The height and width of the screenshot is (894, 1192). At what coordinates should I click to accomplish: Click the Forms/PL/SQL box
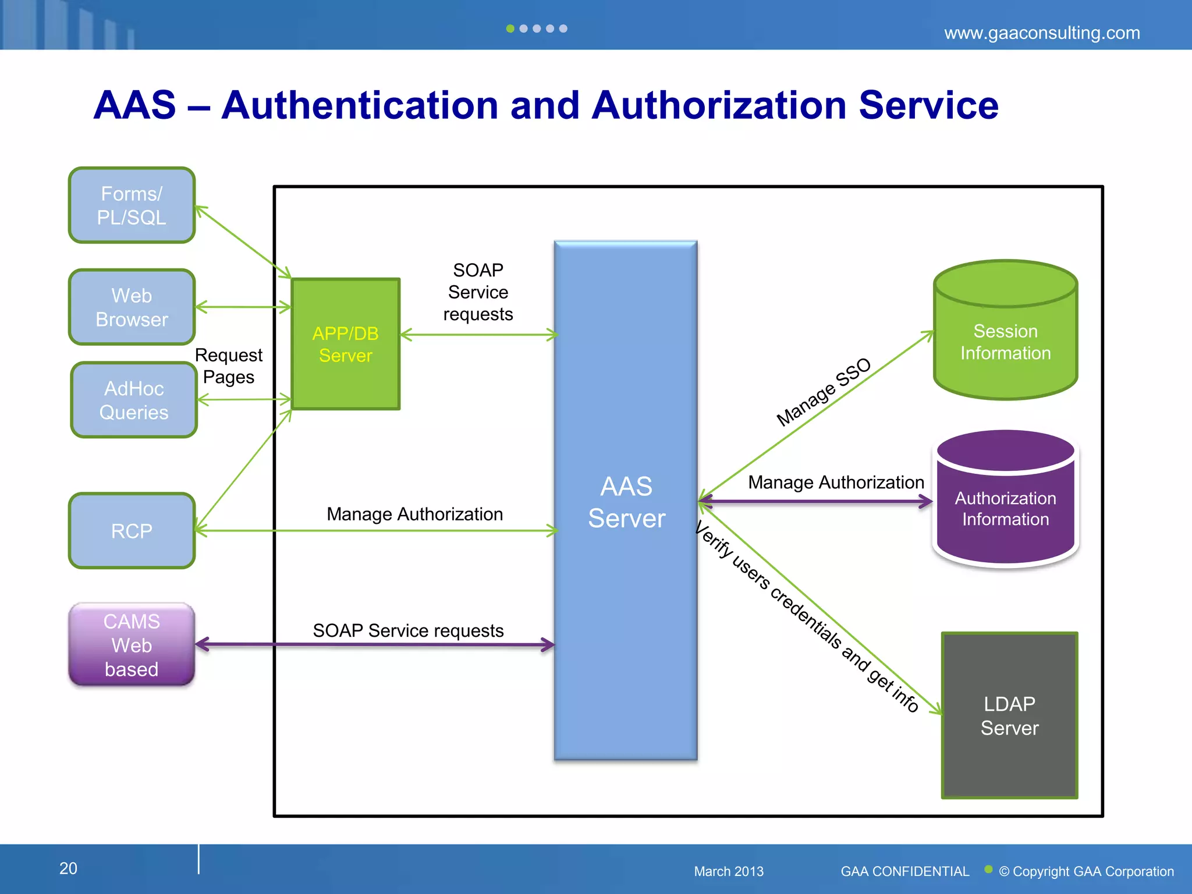132,205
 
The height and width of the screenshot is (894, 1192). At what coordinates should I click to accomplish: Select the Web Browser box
132,307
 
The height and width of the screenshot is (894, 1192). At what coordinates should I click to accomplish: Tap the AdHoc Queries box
134,400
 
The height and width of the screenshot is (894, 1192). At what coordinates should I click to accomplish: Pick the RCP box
132,530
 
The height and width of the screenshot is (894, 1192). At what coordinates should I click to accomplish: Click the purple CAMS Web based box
132,644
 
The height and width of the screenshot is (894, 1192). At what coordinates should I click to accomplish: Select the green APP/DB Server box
345,344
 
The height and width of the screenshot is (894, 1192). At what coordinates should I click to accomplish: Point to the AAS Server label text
626,502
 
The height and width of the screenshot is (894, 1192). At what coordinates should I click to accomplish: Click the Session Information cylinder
1005,342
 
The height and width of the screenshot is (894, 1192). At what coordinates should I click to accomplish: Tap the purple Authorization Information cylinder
1005,508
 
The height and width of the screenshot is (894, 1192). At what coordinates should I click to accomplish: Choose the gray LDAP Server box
1009,715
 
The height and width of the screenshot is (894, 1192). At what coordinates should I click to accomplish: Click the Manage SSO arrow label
823,392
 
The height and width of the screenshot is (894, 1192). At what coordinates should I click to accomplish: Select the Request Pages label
228,366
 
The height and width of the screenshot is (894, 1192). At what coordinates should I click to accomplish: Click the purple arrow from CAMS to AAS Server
372,644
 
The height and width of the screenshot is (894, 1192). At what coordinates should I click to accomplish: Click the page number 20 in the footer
68,868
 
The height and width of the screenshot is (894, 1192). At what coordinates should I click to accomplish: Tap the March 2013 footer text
728,871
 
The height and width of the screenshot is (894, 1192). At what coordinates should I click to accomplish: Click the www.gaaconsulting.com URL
1041,33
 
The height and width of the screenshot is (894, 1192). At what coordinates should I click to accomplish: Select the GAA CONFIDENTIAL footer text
904,871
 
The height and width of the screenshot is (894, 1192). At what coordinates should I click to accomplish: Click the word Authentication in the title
359,105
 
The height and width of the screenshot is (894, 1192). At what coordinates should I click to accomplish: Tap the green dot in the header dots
510,29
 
